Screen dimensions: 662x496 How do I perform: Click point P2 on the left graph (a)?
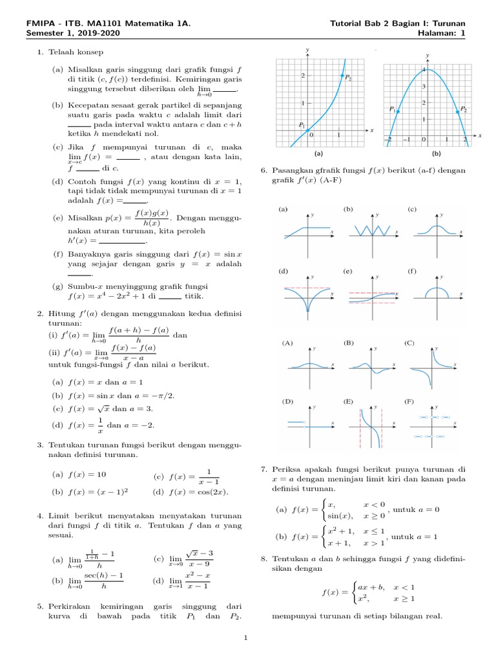tap(341, 76)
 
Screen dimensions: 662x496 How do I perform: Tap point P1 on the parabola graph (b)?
tap(398, 112)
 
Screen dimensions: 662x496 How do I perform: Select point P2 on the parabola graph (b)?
tap(458, 112)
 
